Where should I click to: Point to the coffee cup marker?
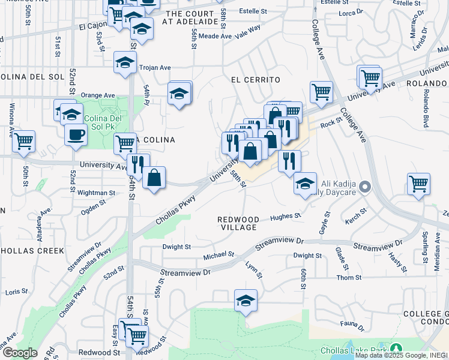(x=76, y=134)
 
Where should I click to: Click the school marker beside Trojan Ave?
(x=125, y=63)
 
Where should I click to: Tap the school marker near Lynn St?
(x=245, y=301)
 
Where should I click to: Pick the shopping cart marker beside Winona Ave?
(x=24, y=142)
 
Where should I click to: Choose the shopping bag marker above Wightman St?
(x=154, y=178)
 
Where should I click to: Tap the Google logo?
(x=20, y=353)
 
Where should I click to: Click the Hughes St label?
(x=285, y=217)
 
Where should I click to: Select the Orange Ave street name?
(x=98, y=95)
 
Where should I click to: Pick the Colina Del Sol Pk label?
(x=103, y=122)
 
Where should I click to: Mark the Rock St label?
(x=331, y=122)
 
